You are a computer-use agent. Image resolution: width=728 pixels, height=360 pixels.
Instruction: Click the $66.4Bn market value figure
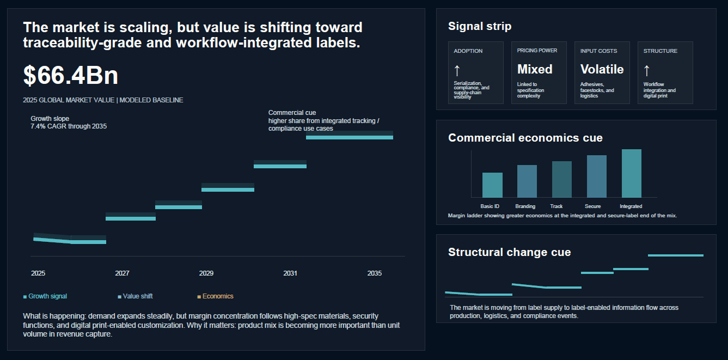tap(71, 76)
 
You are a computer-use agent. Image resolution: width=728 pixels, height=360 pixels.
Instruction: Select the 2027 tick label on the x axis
tap(122, 273)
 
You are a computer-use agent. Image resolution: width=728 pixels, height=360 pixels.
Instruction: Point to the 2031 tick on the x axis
tap(290, 273)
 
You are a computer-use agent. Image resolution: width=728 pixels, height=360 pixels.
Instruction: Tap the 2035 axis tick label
tap(375, 273)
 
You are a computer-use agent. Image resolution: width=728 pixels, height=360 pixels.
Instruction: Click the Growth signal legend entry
tap(45, 296)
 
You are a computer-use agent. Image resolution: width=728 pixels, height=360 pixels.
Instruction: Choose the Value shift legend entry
tap(135, 296)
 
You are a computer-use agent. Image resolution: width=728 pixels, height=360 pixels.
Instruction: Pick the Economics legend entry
tap(216, 296)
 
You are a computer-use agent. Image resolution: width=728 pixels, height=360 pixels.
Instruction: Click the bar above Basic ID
tap(492, 185)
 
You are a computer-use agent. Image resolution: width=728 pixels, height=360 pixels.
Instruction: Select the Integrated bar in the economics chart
tap(632, 173)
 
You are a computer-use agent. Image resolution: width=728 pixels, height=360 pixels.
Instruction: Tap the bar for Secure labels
tap(597, 176)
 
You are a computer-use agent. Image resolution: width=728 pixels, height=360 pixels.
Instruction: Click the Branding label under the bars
tap(525, 206)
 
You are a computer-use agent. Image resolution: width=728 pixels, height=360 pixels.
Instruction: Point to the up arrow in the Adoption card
tap(457, 70)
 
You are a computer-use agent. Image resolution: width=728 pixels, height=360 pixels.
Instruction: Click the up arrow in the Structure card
tap(647, 70)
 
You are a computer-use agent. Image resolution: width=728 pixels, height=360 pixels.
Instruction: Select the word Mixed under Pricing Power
tap(535, 69)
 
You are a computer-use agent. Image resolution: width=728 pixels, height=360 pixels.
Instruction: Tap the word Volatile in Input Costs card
tap(602, 69)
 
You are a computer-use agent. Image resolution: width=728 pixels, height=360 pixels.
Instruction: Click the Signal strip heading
tap(480, 26)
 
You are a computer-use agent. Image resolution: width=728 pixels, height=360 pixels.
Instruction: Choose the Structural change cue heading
tap(509, 252)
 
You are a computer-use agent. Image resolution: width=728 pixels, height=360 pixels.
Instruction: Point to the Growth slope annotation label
tap(50, 119)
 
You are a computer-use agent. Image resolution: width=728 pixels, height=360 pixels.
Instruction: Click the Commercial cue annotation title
tap(292, 113)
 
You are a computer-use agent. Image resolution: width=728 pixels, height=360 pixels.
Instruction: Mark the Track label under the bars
tap(556, 206)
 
